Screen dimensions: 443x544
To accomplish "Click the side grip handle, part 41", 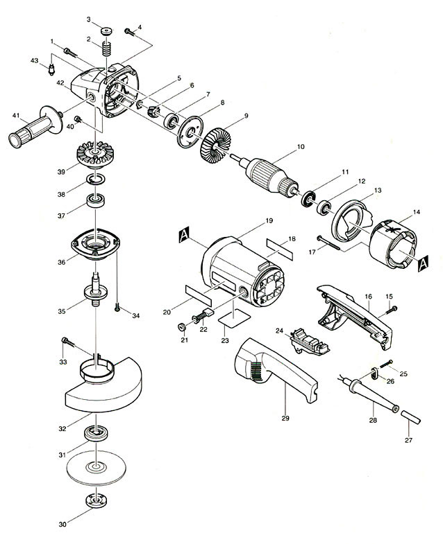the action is pyautogui.click(x=35, y=127).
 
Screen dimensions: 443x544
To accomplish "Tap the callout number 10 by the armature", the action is pyautogui.click(x=300, y=147).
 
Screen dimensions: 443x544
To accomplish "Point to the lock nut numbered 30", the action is pyautogui.click(x=96, y=500).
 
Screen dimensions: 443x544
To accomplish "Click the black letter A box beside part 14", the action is pyautogui.click(x=423, y=263).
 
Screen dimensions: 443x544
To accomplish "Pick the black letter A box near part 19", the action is pyautogui.click(x=184, y=235).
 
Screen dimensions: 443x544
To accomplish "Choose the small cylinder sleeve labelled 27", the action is pyautogui.click(x=411, y=416).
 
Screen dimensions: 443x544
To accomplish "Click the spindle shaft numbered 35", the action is pyautogui.click(x=95, y=290).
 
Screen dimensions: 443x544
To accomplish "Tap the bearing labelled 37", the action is pyautogui.click(x=96, y=201).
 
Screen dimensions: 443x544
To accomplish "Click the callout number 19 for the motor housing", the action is pyautogui.click(x=269, y=220).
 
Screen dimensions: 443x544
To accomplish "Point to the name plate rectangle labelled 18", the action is pyautogui.click(x=280, y=249).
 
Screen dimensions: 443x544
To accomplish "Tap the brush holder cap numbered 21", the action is pyautogui.click(x=181, y=327).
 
